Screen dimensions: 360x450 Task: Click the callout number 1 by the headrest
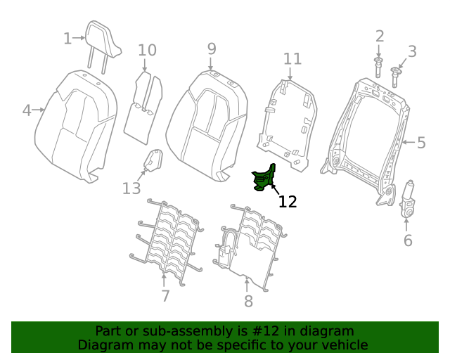coord(67,38)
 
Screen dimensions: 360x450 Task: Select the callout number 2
coord(380,36)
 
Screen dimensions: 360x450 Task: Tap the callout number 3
coord(412,51)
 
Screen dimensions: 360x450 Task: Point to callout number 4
coord(27,110)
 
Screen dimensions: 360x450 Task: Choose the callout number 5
coord(421,143)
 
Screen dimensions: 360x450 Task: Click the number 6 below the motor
coord(408,240)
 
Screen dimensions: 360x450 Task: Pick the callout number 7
coord(165,295)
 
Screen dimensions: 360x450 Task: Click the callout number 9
coord(212,49)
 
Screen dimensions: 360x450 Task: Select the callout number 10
coord(147,50)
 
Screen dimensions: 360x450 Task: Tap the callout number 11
coord(292,58)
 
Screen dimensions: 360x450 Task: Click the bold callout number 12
coord(288,202)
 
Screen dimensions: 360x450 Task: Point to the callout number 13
coord(131,188)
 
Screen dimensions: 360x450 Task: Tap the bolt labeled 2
coord(378,68)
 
